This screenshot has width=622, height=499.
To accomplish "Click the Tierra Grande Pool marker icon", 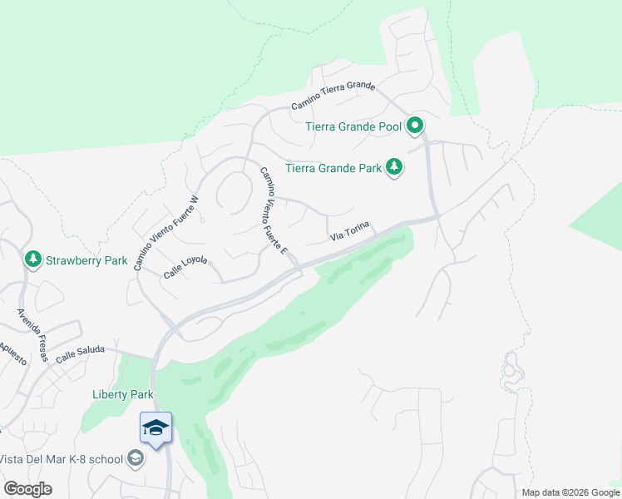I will click(415, 126).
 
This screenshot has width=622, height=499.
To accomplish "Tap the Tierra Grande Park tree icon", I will click(394, 168).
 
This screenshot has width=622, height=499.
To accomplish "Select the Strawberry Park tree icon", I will click(33, 259).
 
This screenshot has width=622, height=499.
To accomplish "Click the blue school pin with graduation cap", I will click(155, 428).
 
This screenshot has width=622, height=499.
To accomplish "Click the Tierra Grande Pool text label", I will click(353, 126).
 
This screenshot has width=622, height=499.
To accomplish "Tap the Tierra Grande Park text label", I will click(333, 168).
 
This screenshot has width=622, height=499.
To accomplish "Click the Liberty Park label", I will click(122, 394).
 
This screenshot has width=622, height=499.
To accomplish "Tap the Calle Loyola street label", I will click(185, 266).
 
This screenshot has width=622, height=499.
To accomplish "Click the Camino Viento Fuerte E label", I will click(274, 211).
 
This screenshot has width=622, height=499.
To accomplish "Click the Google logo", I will click(27, 488).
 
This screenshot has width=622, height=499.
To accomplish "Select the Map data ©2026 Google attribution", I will click(570, 492).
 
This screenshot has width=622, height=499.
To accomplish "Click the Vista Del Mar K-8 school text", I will click(62, 459).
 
